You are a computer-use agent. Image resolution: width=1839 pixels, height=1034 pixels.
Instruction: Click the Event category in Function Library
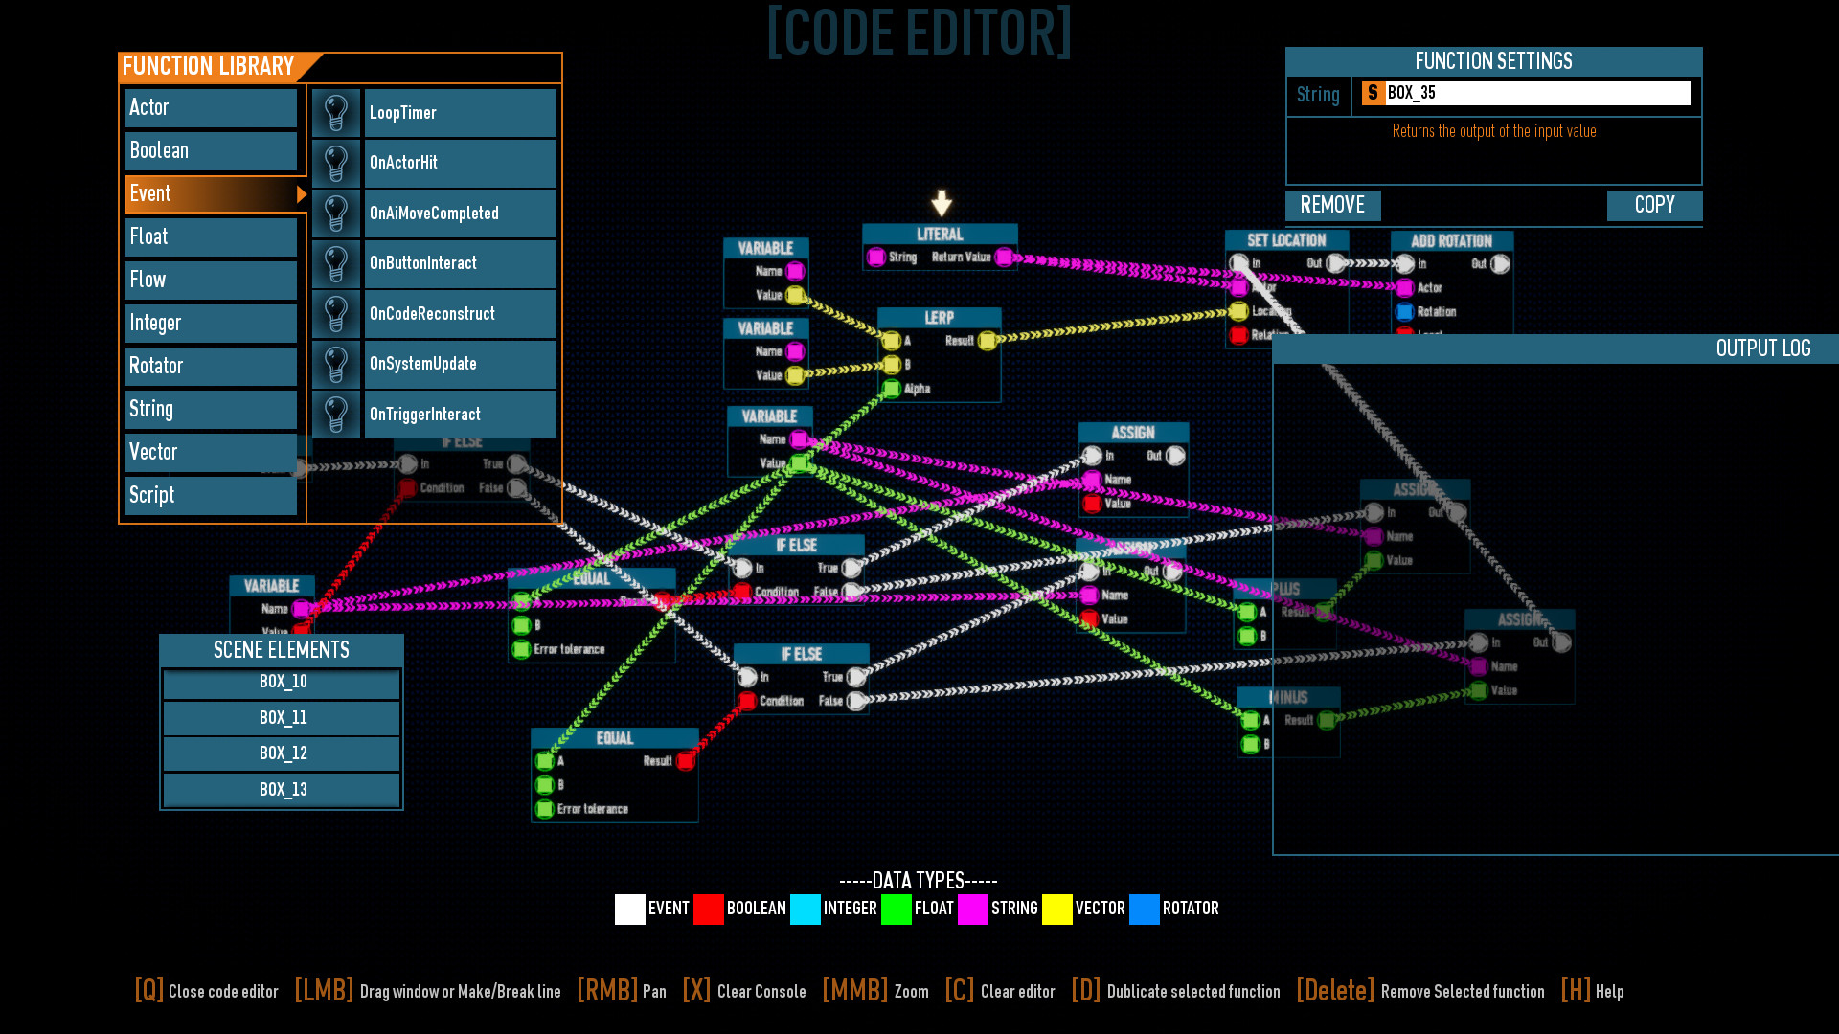pos(211,194)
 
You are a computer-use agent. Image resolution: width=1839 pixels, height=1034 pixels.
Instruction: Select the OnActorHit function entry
pos(460,163)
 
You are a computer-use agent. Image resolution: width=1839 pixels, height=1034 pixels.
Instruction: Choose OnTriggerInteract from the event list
pos(460,415)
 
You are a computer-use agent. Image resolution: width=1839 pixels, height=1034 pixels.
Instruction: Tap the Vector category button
pos(211,452)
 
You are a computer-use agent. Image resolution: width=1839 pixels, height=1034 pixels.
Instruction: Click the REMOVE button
pos(1332,205)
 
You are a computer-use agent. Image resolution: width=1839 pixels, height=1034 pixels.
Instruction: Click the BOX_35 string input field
pos(1536,93)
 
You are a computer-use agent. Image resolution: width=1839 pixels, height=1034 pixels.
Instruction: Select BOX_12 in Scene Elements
pos(282,753)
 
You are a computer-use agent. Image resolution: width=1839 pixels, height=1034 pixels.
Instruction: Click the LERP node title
pos(939,318)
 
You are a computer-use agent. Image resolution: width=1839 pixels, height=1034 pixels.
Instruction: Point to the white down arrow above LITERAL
pos(942,202)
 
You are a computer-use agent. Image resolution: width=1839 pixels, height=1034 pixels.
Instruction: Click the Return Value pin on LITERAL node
pos(1004,257)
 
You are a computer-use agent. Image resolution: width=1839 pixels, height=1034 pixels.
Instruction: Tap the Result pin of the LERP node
pos(987,341)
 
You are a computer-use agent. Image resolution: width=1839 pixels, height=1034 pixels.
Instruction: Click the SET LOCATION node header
pos(1286,240)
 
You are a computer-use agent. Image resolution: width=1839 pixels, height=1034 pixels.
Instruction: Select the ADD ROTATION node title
pos(1451,241)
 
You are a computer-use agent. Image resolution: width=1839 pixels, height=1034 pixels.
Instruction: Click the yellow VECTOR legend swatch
pos(1056,909)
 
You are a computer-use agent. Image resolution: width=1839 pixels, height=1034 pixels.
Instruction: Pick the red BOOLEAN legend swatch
pos(708,909)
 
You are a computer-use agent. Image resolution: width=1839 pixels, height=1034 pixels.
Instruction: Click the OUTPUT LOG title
pos(1762,348)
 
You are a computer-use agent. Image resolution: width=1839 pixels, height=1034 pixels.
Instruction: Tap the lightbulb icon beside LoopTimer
pos(336,113)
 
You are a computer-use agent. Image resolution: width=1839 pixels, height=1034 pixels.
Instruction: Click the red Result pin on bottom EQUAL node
pos(685,761)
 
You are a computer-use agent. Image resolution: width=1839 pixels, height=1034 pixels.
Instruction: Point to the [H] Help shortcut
pos(1592,991)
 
